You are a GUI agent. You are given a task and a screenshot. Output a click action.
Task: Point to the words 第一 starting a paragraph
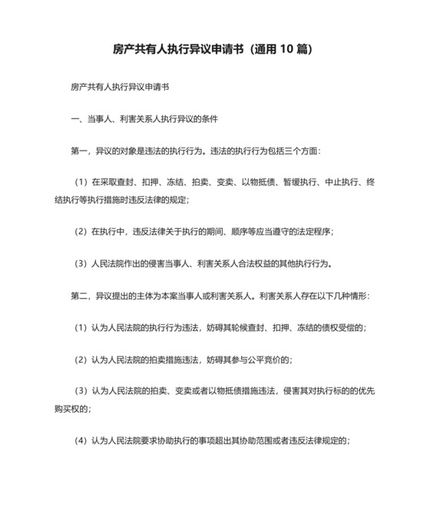[x=79, y=150]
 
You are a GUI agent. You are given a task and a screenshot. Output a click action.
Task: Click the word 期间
[x=217, y=231]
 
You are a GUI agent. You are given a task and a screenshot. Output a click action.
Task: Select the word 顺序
[x=246, y=231]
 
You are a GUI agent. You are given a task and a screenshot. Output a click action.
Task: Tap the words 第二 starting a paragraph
[x=79, y=296]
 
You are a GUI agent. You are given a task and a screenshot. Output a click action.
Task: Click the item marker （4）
[x=80, y=440]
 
